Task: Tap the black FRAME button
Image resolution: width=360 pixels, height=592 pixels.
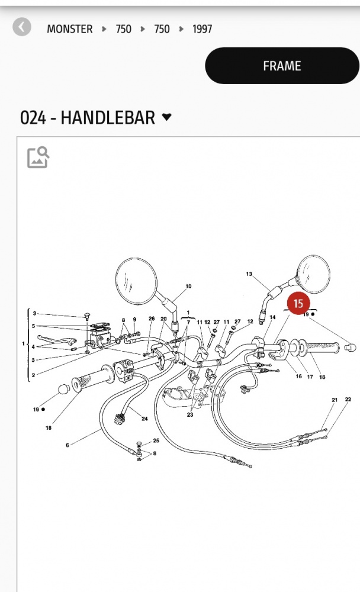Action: pos(282,66)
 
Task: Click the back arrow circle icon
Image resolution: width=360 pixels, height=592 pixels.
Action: pos(22,27)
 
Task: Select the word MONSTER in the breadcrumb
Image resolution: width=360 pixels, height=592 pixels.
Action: pos(70,28)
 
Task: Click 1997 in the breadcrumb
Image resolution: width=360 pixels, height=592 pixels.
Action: pos(202,28)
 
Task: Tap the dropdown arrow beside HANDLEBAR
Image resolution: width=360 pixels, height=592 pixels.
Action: pos(166,117)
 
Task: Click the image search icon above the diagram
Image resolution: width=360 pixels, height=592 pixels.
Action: pos(38,157)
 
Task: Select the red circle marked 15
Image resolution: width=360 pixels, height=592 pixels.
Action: pos(298,303)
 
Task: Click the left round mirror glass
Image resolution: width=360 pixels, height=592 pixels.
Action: pos(136,281)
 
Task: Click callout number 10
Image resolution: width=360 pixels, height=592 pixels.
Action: pos(188,287)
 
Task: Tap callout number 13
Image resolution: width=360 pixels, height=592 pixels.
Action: pos(249,274)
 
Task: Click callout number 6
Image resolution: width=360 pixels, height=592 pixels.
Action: pos(67,445)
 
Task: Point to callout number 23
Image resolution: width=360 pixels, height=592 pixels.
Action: pos(190,415)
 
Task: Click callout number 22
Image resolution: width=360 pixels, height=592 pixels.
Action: pos(348,400)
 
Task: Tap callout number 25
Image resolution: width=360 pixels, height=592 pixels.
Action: pos(156,441)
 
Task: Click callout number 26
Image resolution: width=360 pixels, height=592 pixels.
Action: pos(152,319)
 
